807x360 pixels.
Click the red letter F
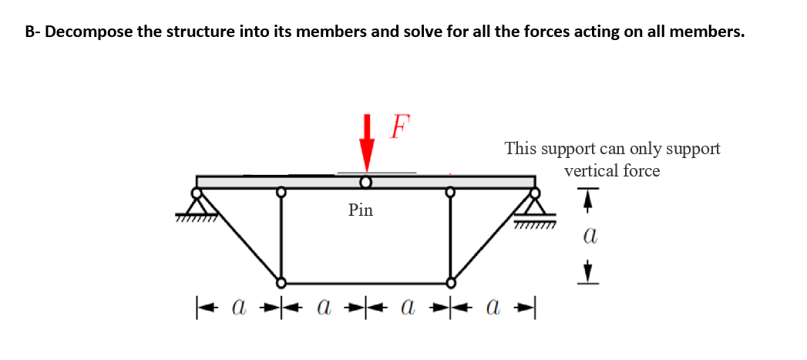pos(400,126)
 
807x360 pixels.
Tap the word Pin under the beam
pos(360,209)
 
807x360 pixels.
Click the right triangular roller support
pos(535,204)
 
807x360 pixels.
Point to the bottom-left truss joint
pos(281,282)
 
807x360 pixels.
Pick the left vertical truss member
pos(281,235)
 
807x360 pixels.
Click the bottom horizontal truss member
pos(366,282)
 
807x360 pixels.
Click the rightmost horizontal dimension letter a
pos(494,310)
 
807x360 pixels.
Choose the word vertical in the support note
pos(590,171)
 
